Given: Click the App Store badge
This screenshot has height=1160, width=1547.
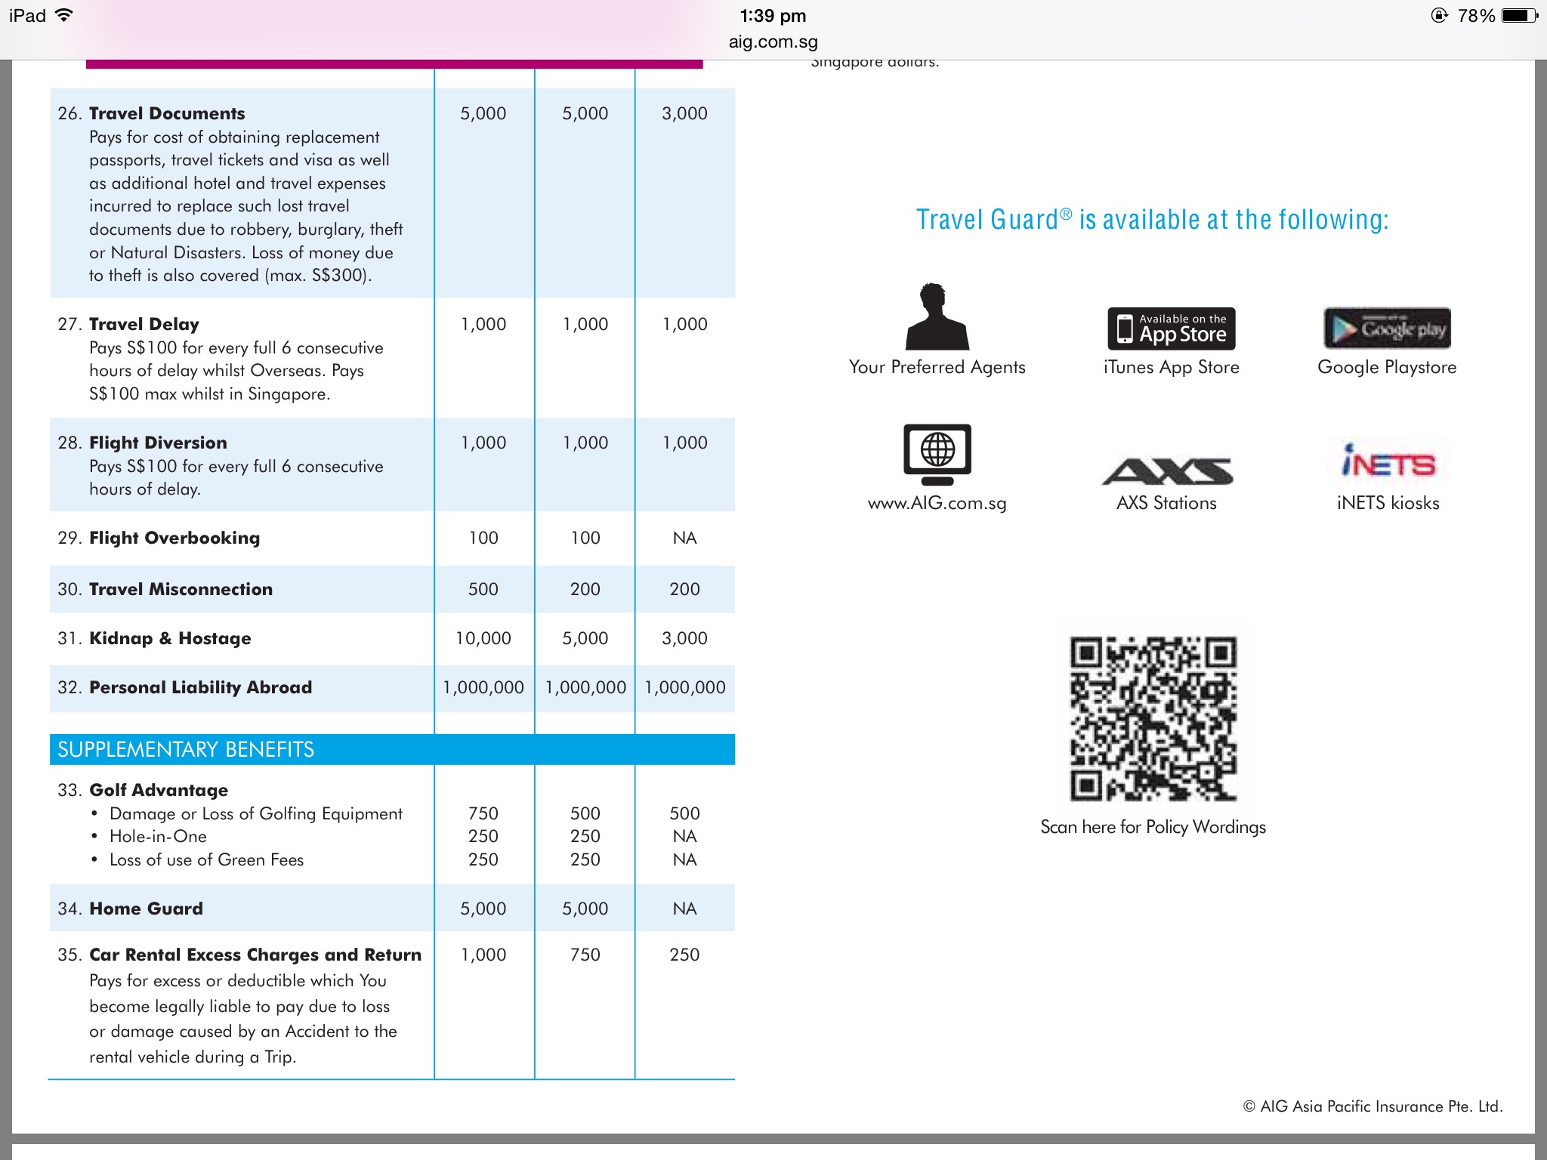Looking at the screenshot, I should pyautogui.click(x=1171, y=329).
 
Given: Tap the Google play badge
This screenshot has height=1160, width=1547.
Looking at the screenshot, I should pyautogui.click(x=1387, y=329).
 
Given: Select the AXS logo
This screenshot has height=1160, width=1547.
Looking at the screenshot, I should pyautogui.click(x=1167, y=470).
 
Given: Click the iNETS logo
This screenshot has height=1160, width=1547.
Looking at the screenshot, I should pyautogui.click(x=1388, y=461).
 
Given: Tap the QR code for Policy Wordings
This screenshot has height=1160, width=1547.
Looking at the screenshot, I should pyautogui.click(x=1153, y=718).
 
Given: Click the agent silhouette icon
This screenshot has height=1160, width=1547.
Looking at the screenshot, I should pyautogui.click(x=937, y=316).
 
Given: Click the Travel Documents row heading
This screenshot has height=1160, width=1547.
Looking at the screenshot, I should pyautogui.click(x=167, y=113).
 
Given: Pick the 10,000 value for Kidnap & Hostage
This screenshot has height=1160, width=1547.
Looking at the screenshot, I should pyautogui.click(x=483, y=638).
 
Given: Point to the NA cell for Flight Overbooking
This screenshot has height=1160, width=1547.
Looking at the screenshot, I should pyautogui.click(x=684, y=538).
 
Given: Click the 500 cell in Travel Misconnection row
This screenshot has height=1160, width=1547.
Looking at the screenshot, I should pyautogui.click(x=483, y=589).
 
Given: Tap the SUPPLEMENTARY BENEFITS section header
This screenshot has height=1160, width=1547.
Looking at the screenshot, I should pyautogui.click(x=186, y=749).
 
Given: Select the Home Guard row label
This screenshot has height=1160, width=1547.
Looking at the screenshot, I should pyautogui.click(x=146, y=909).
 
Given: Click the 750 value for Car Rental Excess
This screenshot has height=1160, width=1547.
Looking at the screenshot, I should pyautogui.click(x=585, y=955).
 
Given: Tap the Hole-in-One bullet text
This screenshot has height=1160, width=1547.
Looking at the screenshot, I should pyautogui.click(x=158, y=836).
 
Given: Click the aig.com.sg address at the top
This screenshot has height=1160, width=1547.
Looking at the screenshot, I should pyautogui.click(x=773, y=42).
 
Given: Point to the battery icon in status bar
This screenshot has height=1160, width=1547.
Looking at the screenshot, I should pyautogui.click(x=1518, y=16).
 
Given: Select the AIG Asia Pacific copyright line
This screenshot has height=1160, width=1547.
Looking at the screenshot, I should pyautogui.click(x=1373, y=1106).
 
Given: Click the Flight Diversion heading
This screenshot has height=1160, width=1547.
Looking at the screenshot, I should pyautogui.click(x=158, y=443).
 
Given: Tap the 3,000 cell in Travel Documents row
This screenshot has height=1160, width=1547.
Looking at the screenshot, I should pyautogui.click(x=684, y=113).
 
